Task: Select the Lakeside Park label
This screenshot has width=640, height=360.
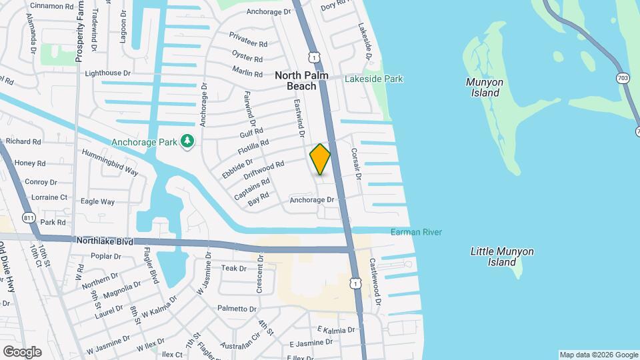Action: pos(373,79)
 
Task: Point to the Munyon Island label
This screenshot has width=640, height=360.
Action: pos(485,87)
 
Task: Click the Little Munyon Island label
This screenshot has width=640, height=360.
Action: pos(502,257)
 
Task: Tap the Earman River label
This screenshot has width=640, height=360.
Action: pos(416,232)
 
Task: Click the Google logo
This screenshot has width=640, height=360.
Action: pos(22,351)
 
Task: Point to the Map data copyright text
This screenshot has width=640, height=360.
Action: pos(598,355)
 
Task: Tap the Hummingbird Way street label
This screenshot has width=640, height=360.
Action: pos(109,162)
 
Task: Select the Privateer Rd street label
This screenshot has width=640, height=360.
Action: pos(248,38)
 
